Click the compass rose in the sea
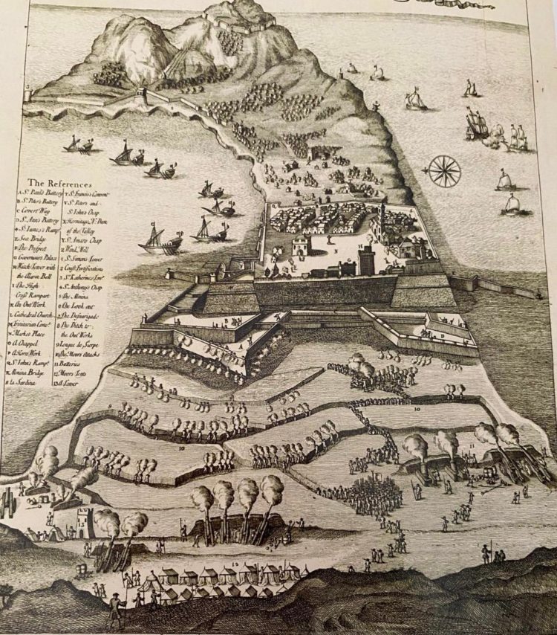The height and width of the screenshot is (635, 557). (445, 171)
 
